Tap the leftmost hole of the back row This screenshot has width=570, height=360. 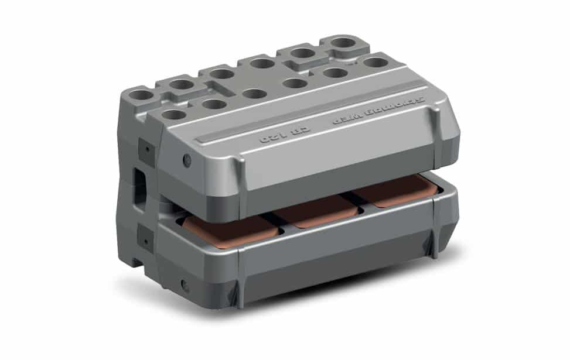click(141, 94)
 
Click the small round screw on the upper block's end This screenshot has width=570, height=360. click(186, 160)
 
